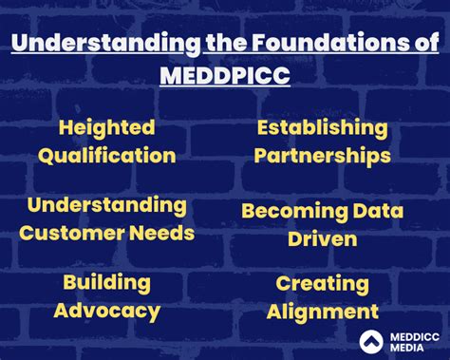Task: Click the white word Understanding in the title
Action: (x=106, y=44)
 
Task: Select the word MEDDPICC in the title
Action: (x=225, y=75)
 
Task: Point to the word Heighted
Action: (x=107, y=128)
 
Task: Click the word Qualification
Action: (x=107, y=156)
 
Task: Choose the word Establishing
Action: (x=322, y=128)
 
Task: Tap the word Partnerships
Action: (x=323, y=156)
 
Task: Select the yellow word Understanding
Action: (x=107, y=206)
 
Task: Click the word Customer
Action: (x=72, y=233)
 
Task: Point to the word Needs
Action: (x=162, y=233)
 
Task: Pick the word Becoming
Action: (x=294, y=212)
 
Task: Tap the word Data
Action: (x=378, y=211)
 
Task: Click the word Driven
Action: (x=323, y=238)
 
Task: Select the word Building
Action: (x=107, y=283)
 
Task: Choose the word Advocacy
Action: (x=107, y=312)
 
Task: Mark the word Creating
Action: (x=323, y=284)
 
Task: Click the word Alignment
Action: (x=323, y=313)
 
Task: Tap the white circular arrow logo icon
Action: (x=371, y=342)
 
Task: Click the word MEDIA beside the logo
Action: (x=407, y=348)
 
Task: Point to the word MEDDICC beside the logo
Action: (x=415, y=337)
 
